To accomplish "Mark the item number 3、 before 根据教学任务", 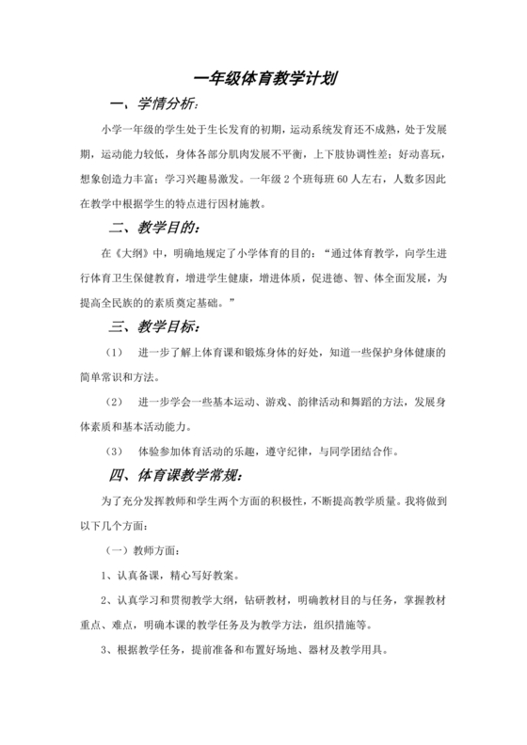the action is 106,648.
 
